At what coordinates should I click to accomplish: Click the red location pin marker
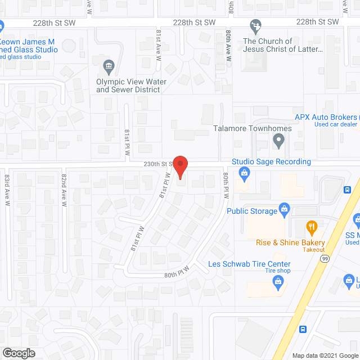click(179, 166)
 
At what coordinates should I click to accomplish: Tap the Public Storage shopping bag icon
click(285, 210)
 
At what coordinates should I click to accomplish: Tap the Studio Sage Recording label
click(271, 161)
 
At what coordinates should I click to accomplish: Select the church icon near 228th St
click(255, 26)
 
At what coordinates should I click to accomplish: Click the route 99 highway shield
click(325, 258)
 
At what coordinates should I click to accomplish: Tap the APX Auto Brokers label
click(327, 117)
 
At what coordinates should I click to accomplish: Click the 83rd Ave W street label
click(7, 186)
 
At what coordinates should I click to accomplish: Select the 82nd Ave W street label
click(64, 190)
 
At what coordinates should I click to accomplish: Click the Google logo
click(18, 353)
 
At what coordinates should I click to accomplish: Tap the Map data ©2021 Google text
click(325, 355)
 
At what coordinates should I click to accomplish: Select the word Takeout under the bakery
click(314, 249)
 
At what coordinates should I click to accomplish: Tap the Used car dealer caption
click(335, 124)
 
